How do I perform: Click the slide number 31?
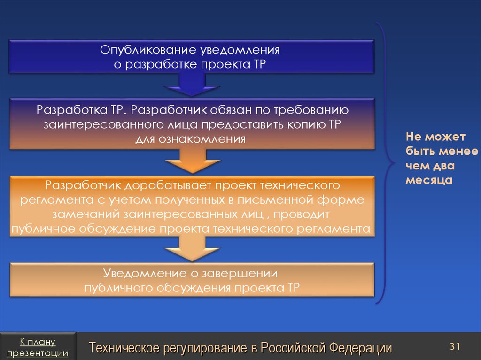(x=454, y=346)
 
